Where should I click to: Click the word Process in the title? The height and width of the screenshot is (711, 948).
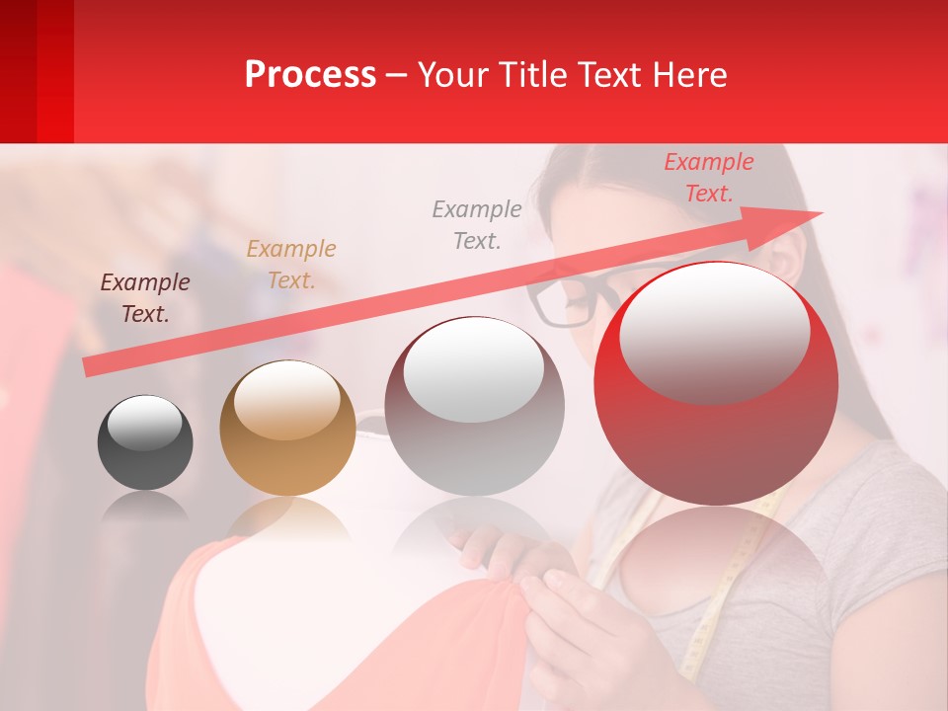pos(310,75)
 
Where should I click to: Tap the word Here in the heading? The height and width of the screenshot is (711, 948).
pos(690,75)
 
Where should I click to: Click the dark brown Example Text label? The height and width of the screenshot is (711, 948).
pos(145,298)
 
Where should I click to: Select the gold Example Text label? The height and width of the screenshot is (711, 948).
pos(291,265)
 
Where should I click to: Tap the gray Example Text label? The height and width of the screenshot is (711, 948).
pos(477,224)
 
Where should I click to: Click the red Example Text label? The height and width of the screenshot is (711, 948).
pos(708,178)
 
